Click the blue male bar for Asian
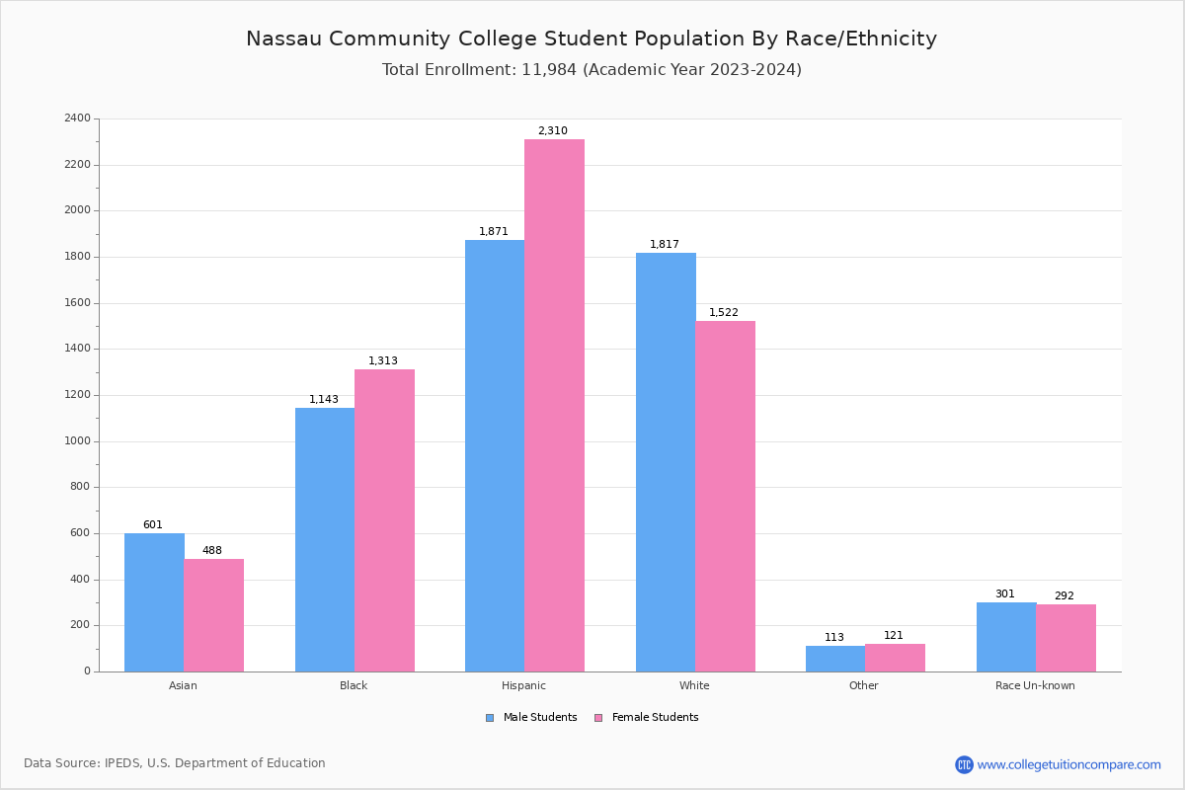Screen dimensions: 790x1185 [x=154, y=602]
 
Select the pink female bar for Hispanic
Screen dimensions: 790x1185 [x=554, y=405]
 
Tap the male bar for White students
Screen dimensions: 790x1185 [x=666, y=462]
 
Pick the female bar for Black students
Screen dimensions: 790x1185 [x=384, y=520]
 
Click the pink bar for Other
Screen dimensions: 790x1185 [x=895, y=658]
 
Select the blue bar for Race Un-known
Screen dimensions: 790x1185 [x=1006, y=637]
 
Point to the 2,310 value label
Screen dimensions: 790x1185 [x=552, y=130]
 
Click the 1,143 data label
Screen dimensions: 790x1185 [x=323, y=400]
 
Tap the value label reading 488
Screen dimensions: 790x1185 [x=212, y=551]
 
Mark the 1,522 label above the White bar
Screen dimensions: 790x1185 [x=723, y=313]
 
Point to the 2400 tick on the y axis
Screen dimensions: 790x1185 [x=77, y=118]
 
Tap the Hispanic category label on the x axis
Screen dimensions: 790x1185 [x=523, y=685]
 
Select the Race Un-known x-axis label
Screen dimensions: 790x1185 [x=1035, y=685]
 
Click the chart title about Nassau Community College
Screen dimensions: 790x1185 [x=592, y=39]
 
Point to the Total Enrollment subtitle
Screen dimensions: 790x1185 [x=592, y=70]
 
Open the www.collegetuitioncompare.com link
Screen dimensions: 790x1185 [x=1068, y=764]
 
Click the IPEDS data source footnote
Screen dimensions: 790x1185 [x=175, y=763]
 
